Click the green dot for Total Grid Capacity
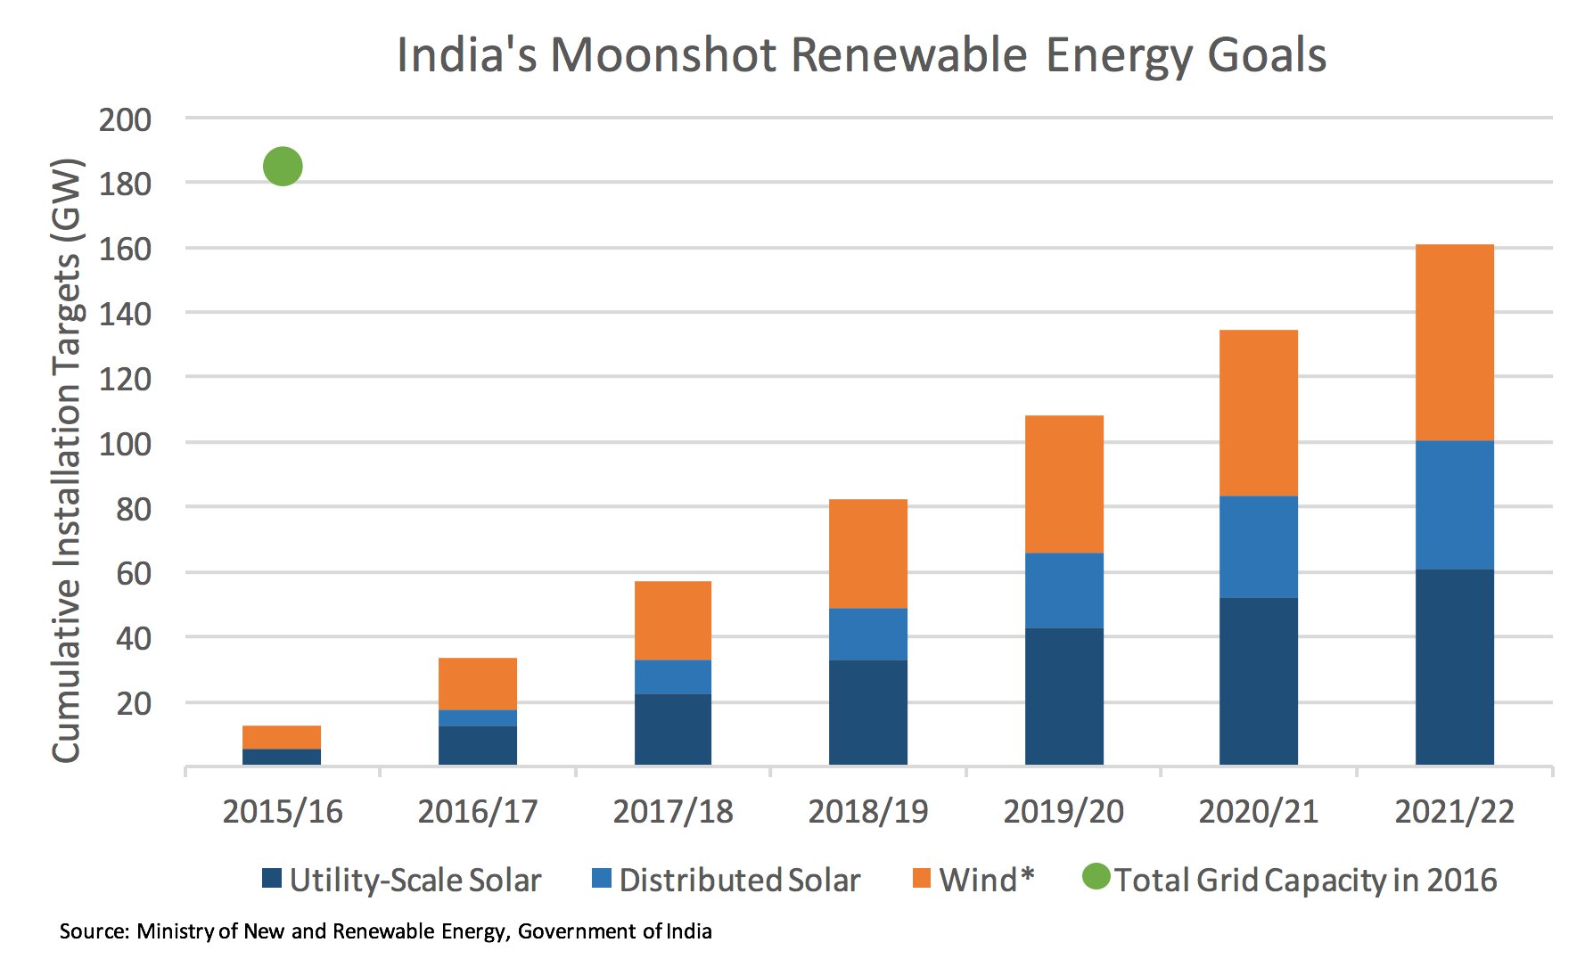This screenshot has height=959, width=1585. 283,167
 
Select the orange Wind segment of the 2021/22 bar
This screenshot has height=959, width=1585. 1454,342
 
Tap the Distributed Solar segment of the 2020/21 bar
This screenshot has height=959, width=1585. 1258,546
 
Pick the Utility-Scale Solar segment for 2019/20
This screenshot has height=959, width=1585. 1064,696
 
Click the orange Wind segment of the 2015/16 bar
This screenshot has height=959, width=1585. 282,737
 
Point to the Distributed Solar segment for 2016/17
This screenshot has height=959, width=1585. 477,717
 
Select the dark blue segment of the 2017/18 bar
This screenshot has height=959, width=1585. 672,729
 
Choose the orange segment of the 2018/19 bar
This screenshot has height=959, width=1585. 867,553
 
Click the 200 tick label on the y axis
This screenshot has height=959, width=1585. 125,119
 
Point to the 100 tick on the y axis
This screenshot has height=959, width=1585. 125,444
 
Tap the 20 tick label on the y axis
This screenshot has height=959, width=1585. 134,703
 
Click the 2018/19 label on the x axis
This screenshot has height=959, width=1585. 867,812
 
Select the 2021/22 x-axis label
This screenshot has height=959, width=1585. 1454,812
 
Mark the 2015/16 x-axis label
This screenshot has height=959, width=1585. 282,812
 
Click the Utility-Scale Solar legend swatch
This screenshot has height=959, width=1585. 272,879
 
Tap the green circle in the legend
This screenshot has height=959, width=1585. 1096,877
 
